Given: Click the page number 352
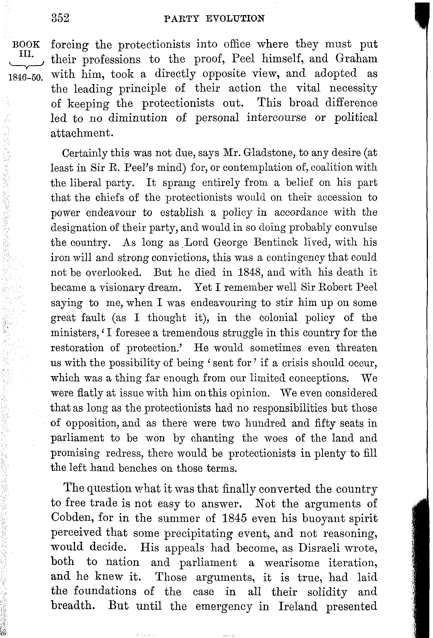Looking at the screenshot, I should pos(60,18).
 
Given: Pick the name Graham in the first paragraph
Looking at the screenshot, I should pos(356,59).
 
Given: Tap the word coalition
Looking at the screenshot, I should pos(332,168).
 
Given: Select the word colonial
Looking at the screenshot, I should pos(278,318).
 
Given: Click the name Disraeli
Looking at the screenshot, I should pos(323,548).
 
